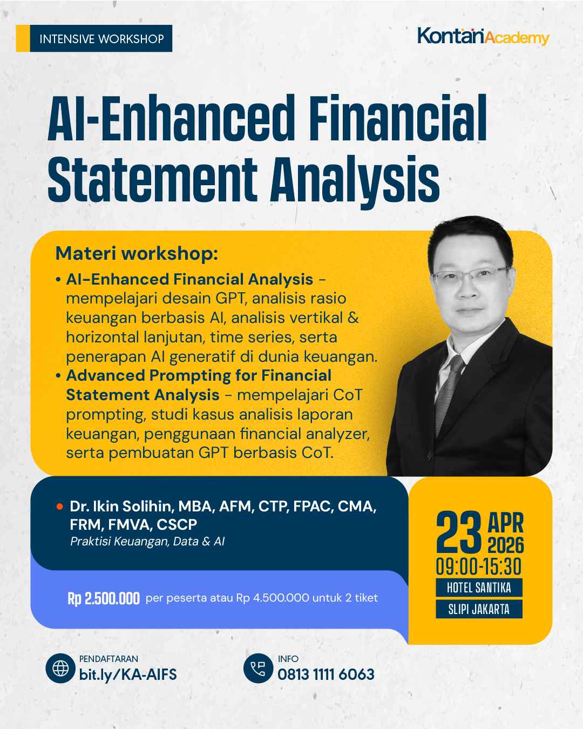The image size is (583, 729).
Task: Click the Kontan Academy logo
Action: pos(483,37)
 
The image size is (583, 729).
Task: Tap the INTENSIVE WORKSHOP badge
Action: pos(101,39)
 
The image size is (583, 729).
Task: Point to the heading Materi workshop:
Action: pos(137,253)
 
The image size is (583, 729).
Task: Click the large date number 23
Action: pos(459,533)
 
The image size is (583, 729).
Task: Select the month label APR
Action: pos(505,522)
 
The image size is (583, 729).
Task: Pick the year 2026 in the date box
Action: pos(506,545)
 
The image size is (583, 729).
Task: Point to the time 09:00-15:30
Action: pos(479,567)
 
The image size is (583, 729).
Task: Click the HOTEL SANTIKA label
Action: pos(479,588)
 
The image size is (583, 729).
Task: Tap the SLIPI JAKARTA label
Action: pos(479,609)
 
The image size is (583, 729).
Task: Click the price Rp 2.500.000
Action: pos(104,598)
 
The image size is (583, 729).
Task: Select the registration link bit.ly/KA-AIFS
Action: pos(128,674)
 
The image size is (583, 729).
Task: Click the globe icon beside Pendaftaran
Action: pos(60,669)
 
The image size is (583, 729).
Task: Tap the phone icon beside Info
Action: pos(258,669)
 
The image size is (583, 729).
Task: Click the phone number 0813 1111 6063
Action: pos(326,674)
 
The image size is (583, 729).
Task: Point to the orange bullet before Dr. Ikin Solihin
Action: pos(59,507)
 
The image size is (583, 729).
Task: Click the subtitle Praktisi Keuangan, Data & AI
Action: pos(147,541)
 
